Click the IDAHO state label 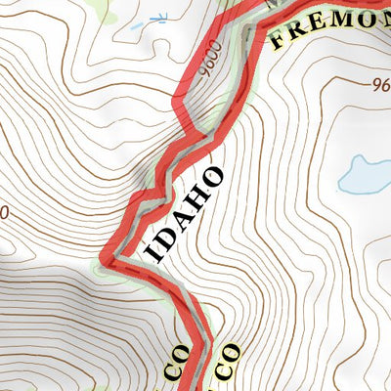click(186, 215)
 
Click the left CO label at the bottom click(172, 365)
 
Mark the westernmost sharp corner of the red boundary click(106, 258)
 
